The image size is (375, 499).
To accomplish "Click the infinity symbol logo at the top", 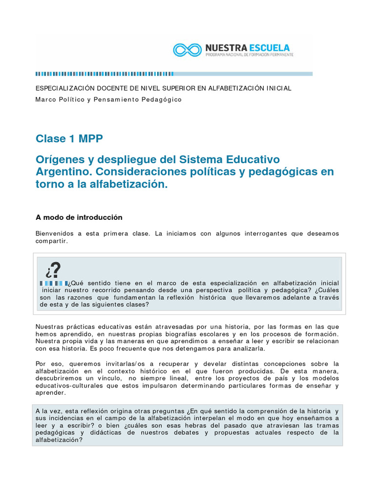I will tap(187, 49).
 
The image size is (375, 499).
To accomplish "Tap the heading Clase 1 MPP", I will tap(69, 138).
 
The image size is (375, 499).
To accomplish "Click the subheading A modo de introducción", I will tap(79, 217).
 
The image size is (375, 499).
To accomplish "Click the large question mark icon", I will tap(53, 270).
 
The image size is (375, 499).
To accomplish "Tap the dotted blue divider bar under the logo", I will tap(174, 74).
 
